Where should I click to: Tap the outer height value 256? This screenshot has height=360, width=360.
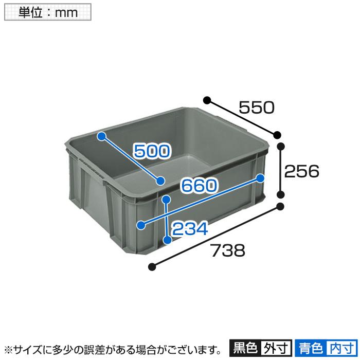(302, 171)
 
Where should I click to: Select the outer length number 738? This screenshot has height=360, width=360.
(226, 251)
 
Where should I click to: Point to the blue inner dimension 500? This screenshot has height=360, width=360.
(151, 151)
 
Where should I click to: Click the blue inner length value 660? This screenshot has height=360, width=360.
(199, 186)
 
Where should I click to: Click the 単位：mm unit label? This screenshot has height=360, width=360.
(48, 12)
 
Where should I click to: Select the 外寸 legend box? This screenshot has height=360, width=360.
(276, 348)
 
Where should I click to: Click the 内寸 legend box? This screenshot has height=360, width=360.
(341, 348)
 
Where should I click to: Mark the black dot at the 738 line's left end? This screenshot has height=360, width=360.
(152, 266)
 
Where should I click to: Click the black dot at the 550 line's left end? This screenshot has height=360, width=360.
(207, 99)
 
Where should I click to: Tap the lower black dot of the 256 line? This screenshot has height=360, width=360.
(281, 194)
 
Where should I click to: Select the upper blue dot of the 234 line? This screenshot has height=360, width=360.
(166, 199)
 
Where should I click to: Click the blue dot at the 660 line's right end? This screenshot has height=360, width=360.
(260, 178)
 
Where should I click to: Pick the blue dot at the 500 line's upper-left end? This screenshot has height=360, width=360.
(102, 136)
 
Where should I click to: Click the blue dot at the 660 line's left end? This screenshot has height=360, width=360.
(141, 225)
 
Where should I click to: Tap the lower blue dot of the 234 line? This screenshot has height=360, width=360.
(167, 239)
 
